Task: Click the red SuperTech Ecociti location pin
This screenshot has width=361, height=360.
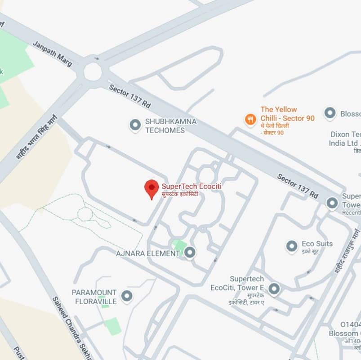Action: point(152,188)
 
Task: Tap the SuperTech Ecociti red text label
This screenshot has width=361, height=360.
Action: point(192,186)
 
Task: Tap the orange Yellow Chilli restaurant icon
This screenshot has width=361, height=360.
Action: point(250,120)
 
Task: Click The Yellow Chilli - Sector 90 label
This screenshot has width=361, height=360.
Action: point(287,114)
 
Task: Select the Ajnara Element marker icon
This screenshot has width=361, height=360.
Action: point(190,253)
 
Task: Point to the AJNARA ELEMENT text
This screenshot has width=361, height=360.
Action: point(148,253)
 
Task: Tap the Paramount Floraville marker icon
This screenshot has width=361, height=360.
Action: point(127,296)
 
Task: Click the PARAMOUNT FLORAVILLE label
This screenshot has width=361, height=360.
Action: point(94,297)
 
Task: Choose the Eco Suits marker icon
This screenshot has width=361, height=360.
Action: point(292,246)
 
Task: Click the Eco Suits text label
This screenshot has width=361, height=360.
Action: point(317,243)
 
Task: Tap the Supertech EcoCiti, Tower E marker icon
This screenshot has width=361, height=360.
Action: point(274,288)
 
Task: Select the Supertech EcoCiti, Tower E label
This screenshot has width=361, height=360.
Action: point(237,283)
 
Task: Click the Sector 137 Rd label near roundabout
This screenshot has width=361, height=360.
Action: point(129,96)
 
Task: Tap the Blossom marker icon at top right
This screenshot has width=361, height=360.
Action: point(330,113)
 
